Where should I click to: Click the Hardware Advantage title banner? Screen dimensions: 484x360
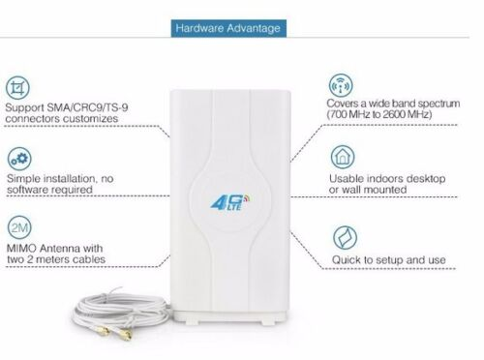click(228, 28)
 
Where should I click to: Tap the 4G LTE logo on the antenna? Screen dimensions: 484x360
click(230, 202)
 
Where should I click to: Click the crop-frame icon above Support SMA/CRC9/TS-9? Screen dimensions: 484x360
click(17, 88)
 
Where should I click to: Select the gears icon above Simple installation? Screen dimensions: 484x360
click(19, 159)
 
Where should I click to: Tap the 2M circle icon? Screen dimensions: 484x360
click(19, 227)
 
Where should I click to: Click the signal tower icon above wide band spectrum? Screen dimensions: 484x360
click(341, 85)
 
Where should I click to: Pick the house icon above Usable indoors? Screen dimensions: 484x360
click(343, 157)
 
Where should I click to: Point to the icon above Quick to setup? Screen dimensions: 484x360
click(345, 238)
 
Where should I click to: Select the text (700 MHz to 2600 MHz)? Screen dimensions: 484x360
click(379, 114)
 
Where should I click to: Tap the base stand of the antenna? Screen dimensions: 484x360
click(230, 317)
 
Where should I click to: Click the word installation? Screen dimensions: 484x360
click(70, 178)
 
